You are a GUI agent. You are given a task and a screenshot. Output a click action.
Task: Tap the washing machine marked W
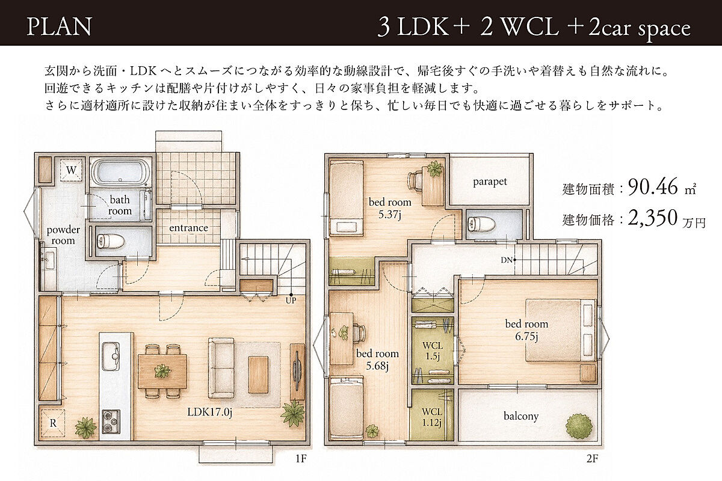71,170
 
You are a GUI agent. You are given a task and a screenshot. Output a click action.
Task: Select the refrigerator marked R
53,423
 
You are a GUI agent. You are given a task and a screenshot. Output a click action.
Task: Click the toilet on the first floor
111,240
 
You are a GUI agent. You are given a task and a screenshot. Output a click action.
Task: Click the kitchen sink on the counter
111,356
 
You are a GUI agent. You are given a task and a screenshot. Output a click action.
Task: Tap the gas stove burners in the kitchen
111,421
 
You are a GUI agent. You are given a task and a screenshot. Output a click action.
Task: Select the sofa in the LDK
221,368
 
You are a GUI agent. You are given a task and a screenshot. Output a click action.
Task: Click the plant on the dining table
162,371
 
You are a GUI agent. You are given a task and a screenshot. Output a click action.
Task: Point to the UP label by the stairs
291,301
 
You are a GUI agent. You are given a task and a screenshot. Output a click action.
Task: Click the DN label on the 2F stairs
507,260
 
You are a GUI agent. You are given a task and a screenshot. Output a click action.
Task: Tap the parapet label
490,182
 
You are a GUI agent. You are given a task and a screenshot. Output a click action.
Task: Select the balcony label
521,416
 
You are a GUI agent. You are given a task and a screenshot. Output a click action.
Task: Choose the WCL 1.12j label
431,417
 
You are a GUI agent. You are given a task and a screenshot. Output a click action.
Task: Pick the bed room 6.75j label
526,330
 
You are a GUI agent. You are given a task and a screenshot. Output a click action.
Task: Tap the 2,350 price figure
653,218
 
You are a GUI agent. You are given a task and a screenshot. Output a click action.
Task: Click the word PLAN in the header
60,26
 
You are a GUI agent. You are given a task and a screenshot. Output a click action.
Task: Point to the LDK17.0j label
210,412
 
